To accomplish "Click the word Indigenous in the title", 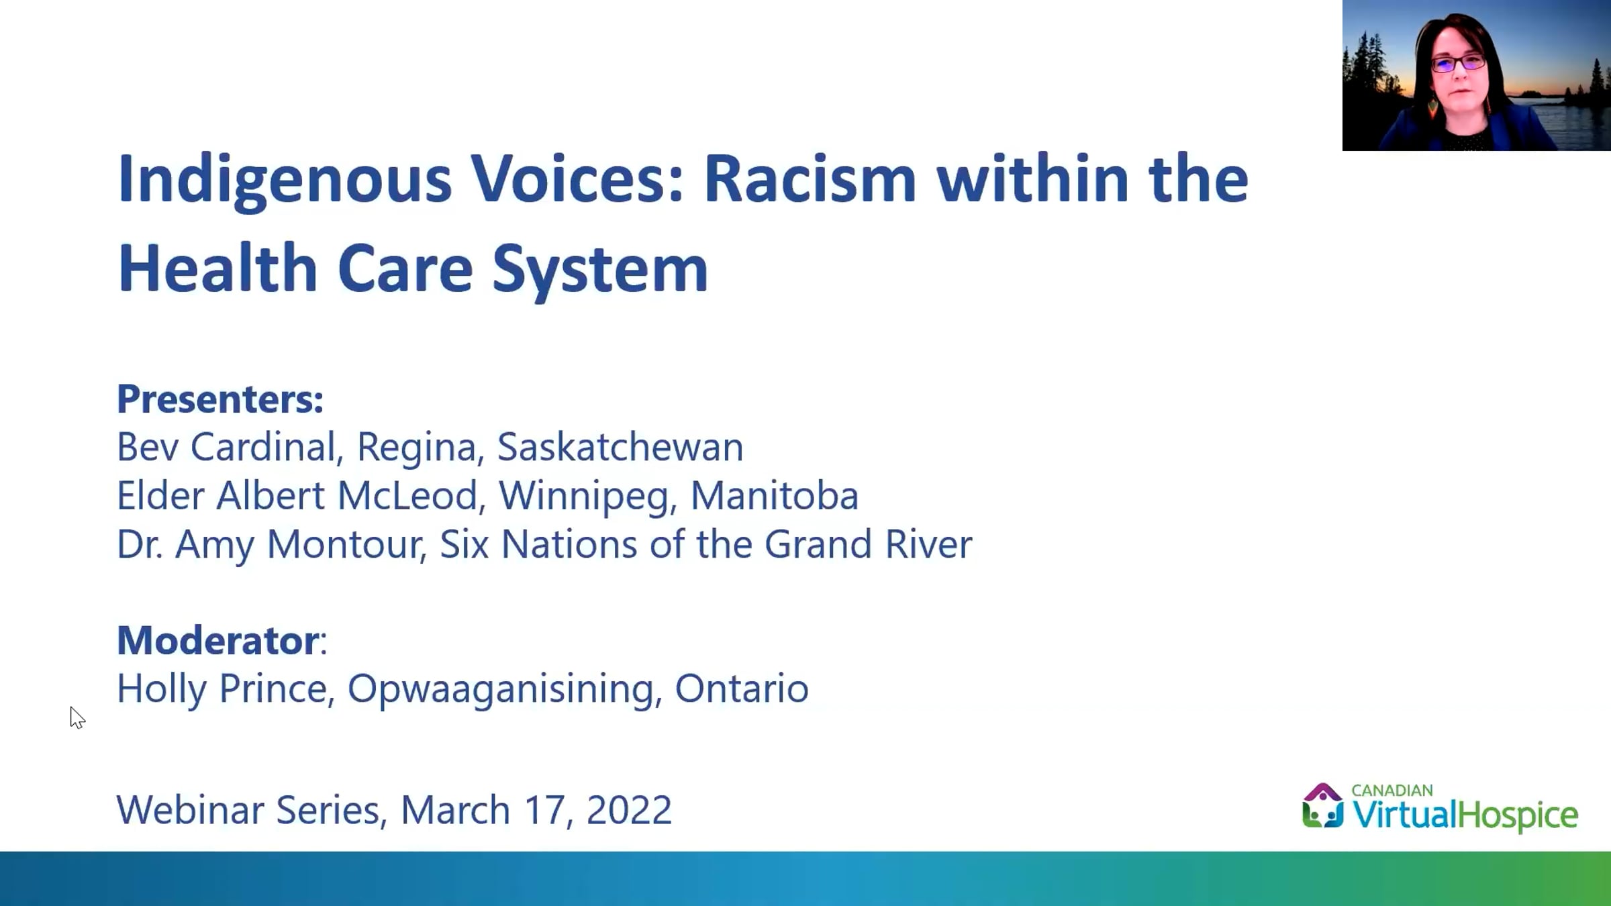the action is tap(285, 180).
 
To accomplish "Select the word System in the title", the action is tap(600, 270).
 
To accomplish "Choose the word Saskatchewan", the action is tap(620, 447).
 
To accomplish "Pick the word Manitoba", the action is tap(775, 495).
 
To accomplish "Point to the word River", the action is tap(928, 544).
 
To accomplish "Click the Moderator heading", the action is tap(217, 640).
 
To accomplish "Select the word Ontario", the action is tap(742, 689).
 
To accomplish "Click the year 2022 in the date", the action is tap(629, 809).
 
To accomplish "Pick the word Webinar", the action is tap(191, 809).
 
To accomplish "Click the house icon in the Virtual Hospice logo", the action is tap(1323, 805).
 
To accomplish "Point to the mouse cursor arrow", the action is tap(77, 717).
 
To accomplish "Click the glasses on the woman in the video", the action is tap(1458, 64).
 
